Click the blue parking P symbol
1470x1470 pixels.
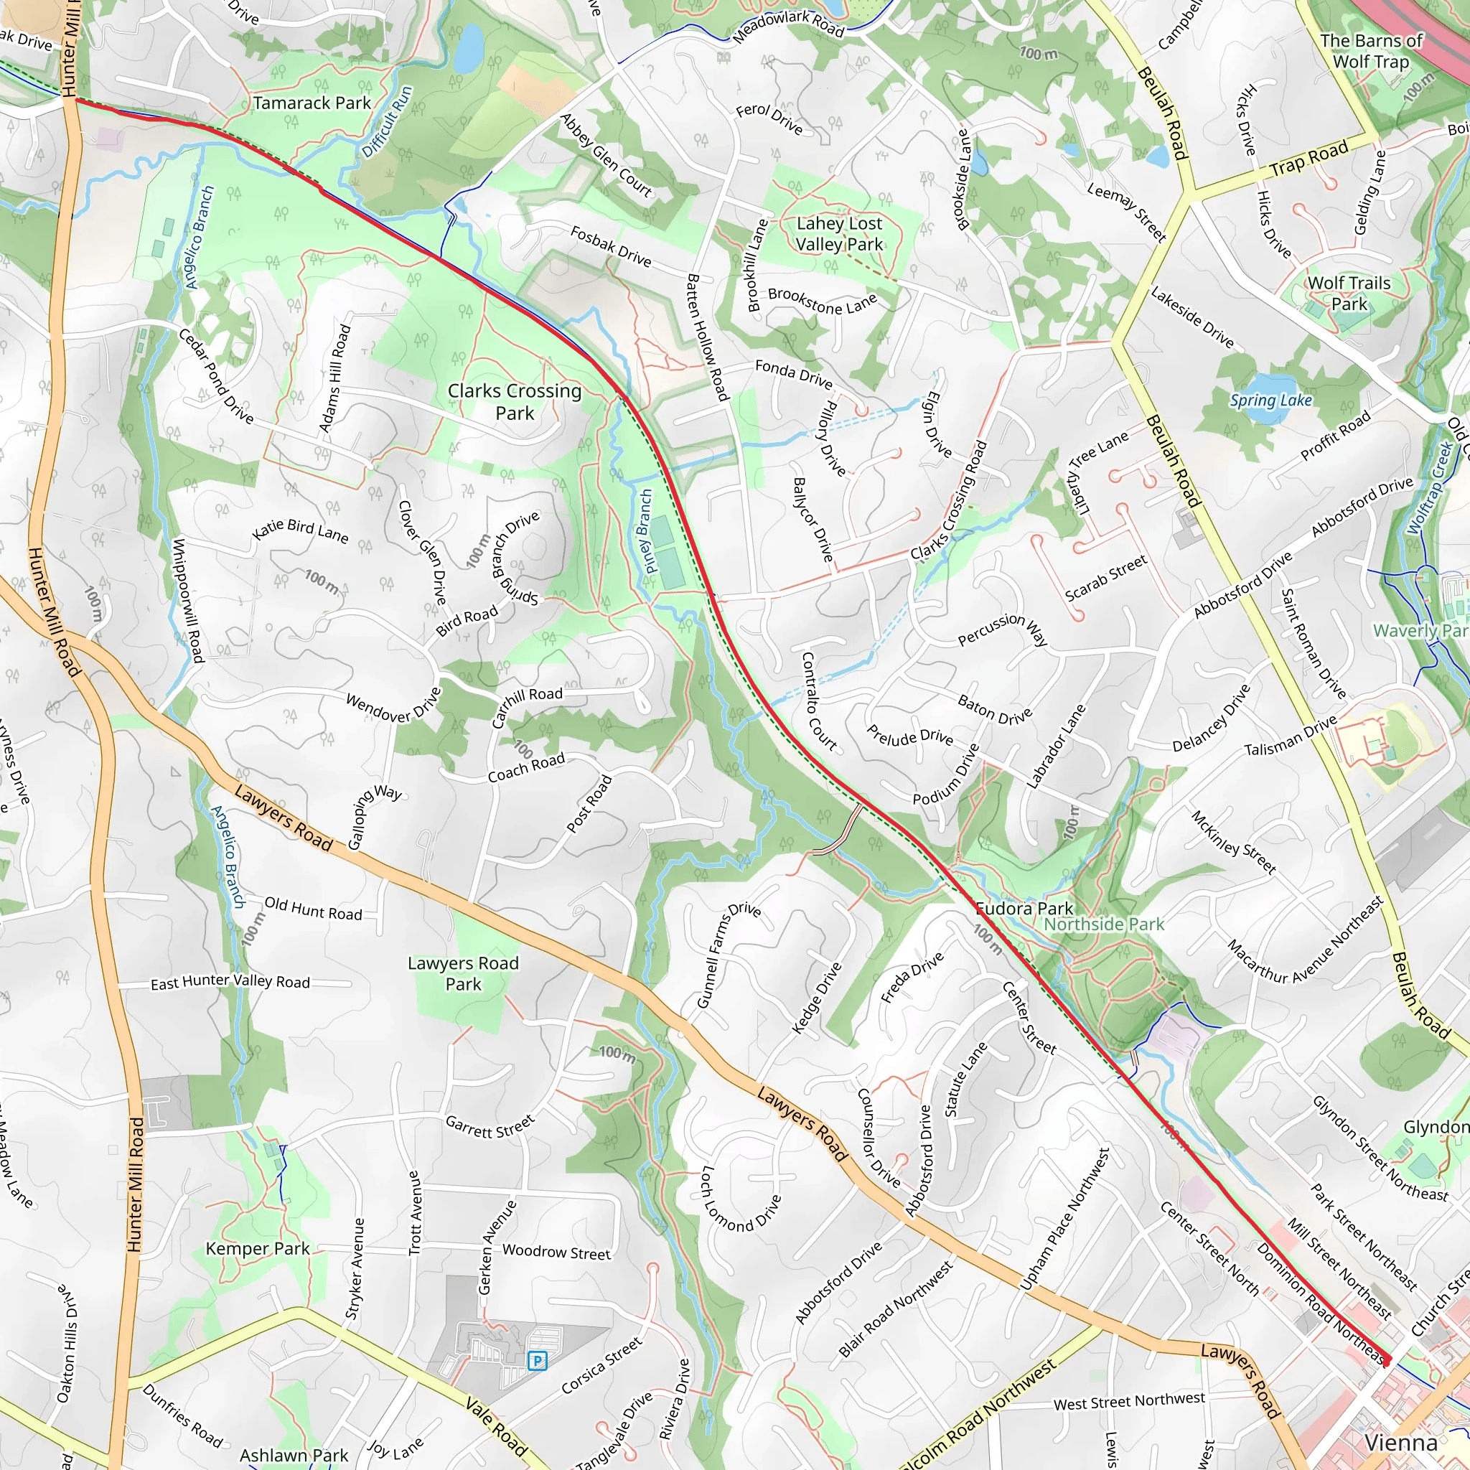pos(537,1360)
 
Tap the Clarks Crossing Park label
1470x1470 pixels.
pos(515,402)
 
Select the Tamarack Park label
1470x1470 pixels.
pos(312,103)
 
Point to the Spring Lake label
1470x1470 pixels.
pos(1270,401)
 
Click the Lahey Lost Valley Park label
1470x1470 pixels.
pos(839,233)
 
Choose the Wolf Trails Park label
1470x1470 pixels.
pos(1349,293)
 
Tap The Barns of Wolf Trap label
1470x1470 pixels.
pos(1371,51)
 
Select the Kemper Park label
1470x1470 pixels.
pos(257,1249)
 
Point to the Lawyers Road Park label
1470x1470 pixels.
pos(464,973)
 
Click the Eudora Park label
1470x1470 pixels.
pos(1024,909)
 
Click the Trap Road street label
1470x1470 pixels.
pos(1309,158)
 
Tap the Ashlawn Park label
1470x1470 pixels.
pos(294,1456)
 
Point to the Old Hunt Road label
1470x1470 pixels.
pos(313,909)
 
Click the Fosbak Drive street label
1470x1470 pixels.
pos(611,246)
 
